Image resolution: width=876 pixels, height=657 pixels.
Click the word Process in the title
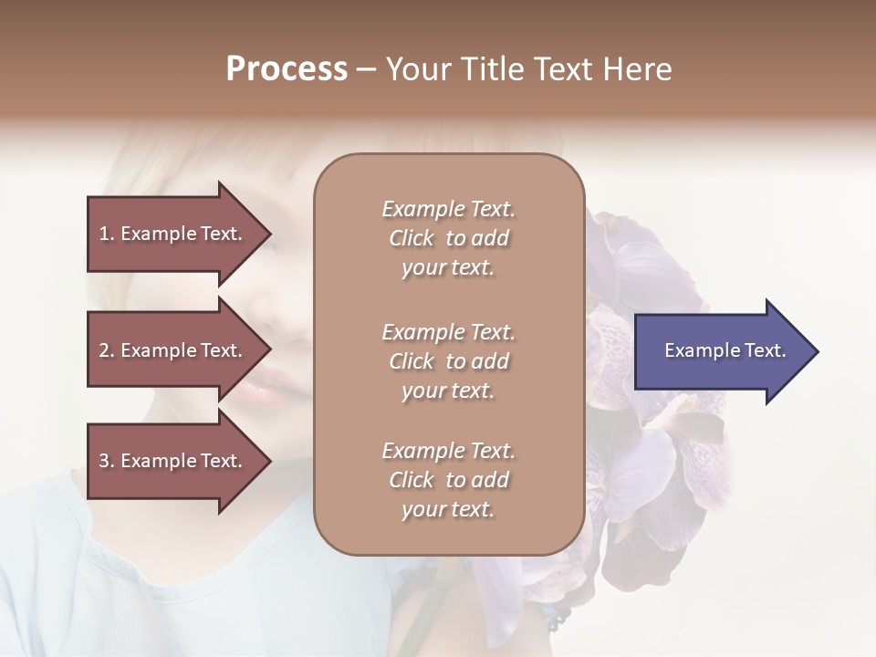coord(287,68)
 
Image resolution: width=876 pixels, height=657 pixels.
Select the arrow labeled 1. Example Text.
coord(173,234)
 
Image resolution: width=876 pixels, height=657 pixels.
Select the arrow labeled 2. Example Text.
coord(173,350)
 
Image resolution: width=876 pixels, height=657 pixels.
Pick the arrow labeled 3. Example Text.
coord(173,461)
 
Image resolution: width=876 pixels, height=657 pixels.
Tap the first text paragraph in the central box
coord(448,238)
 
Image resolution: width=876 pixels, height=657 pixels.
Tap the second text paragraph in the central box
coord(448,360)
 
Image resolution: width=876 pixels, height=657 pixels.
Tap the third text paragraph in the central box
coord(448,480)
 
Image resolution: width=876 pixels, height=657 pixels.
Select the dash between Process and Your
coord(366,68)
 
